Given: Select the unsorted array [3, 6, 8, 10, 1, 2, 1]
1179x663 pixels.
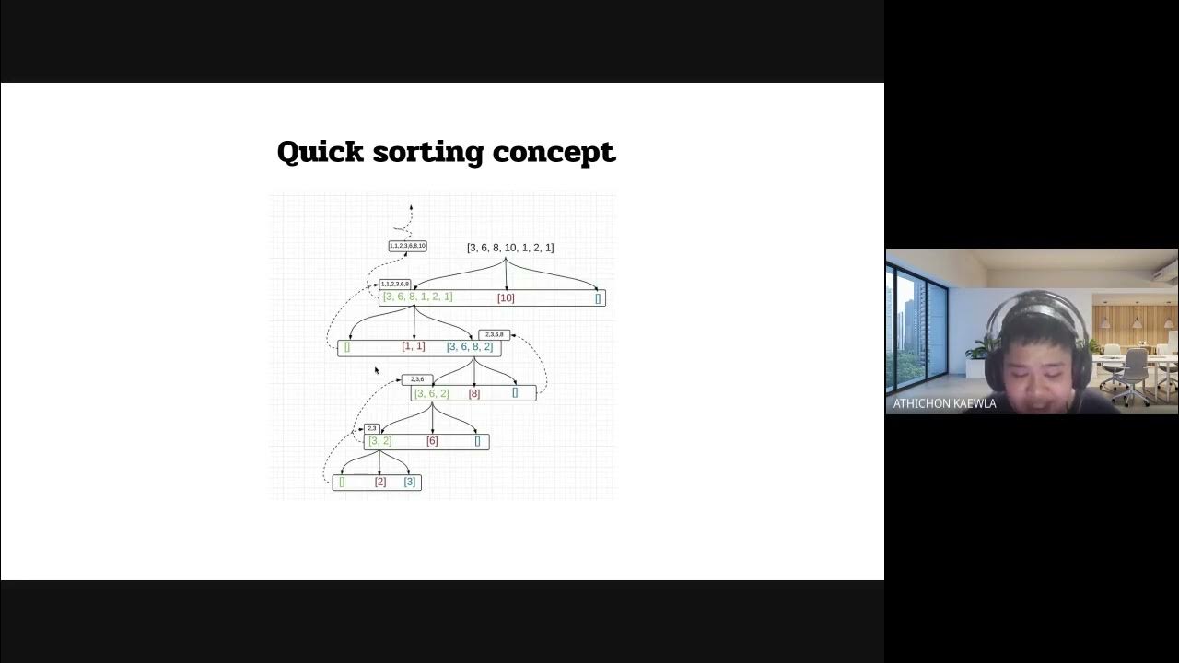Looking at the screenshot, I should pyautogui.click(x=510, y=248).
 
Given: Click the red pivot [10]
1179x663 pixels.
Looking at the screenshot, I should pyautogui.click(x=506, y=298).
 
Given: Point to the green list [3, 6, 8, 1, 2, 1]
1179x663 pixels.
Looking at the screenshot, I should pyautogui.click(x=417, y=297).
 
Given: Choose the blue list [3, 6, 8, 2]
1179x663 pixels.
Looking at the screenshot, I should pyautogui.click(x=470, y=347).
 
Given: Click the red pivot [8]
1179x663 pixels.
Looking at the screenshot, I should pyautogui.click(x=474, y=394).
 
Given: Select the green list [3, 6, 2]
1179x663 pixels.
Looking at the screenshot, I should pyautogui.click(x=431, y=394).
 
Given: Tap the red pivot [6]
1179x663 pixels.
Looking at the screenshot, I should pyautogui.click(x=432, y=441).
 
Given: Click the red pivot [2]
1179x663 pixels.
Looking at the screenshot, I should pyautogui.click(x=380, y=482).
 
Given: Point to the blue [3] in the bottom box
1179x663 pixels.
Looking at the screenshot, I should pyautogui.click(x=410, y=482).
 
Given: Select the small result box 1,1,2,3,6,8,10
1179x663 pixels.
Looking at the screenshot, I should pyautogui.click(x=407, y=246).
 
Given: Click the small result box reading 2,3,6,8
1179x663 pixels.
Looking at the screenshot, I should pyautogui.click(x=495, y=334).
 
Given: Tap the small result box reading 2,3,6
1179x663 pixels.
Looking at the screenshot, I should pyautogui.click(x=417, y=379).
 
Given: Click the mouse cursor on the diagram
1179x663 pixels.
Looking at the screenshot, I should pyautogui.click(x=376, y=370).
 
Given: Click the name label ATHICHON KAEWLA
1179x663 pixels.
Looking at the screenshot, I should pyautogui.click(x=944, y=403).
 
